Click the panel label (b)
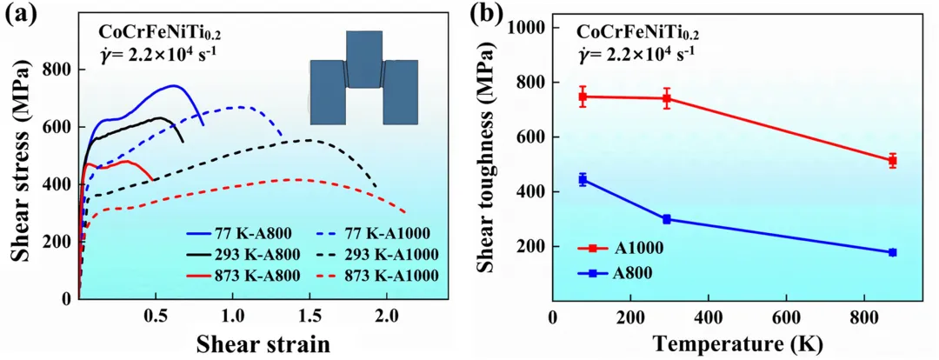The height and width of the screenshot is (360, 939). [503, 15]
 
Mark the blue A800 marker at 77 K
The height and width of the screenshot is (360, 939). [583, 179]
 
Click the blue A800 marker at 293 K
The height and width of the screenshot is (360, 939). [667, 219]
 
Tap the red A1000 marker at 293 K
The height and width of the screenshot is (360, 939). [667, 98]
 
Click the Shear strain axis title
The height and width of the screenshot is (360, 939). [263, 343]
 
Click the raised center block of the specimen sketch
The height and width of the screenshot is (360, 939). [363, 58]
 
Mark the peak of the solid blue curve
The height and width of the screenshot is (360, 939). [173, 85]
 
